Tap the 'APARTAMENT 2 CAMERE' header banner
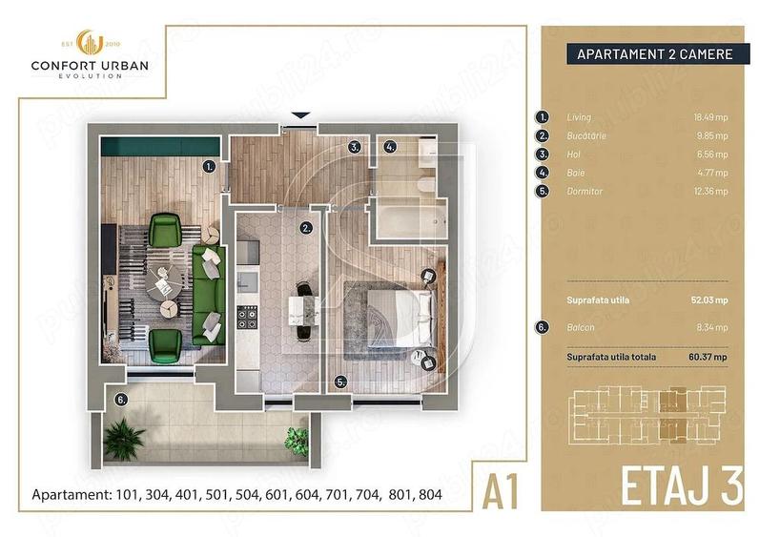[x=654, y=54]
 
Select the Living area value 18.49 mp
[x=710, y=117]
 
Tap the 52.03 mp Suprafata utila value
[x=708, y=299]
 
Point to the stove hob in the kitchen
[x=246, y=314]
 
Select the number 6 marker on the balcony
[x=120, y=401]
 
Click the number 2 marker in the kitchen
[x=306, y=228]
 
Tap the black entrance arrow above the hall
[x=299, y=116]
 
